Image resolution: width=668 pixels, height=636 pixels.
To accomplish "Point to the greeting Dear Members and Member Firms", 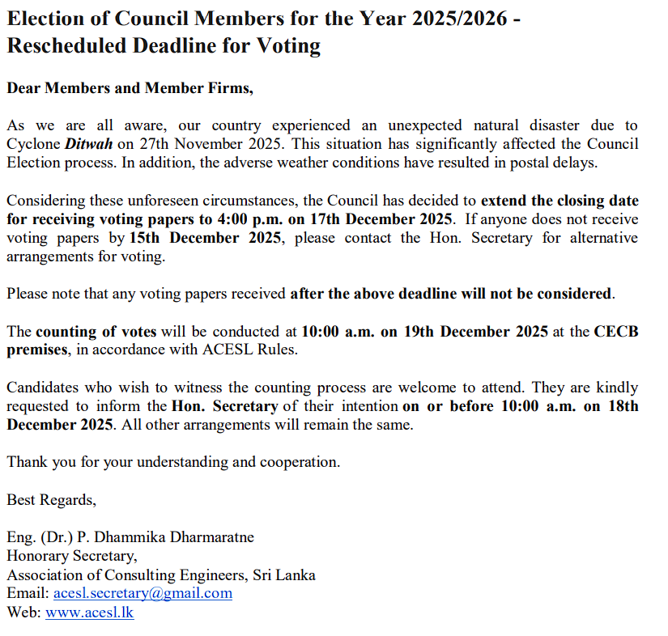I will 130,88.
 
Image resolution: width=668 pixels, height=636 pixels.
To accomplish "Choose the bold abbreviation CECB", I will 616,332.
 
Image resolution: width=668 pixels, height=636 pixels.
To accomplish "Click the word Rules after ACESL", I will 278,350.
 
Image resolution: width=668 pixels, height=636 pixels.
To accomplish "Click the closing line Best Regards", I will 51,500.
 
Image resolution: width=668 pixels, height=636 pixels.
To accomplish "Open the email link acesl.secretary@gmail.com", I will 143,594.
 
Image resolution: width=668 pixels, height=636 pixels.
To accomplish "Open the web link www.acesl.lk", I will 89,613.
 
